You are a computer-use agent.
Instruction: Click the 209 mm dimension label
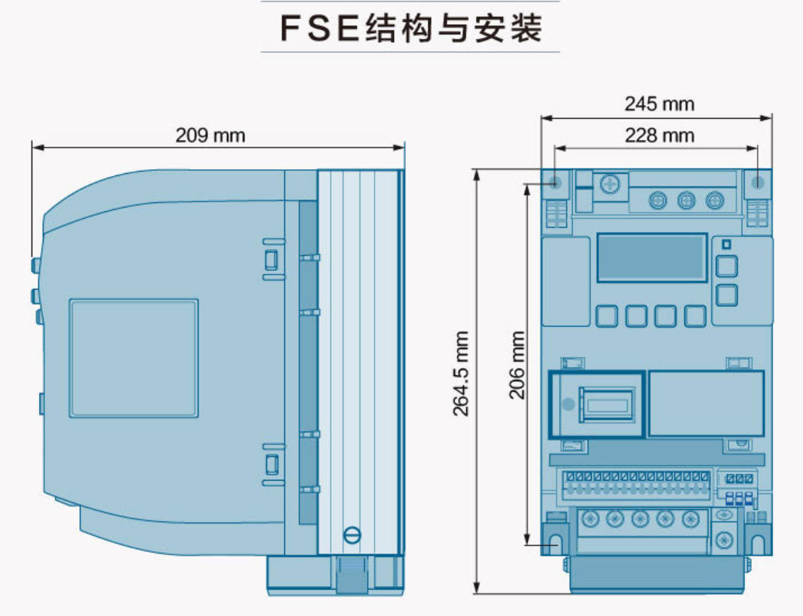pos(211,135)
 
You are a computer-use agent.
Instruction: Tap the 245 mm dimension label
pos(659,104)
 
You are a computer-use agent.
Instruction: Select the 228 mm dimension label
pos(659,135)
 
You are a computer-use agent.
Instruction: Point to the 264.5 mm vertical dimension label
pos(461,373)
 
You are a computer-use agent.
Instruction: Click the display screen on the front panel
pos(651,258)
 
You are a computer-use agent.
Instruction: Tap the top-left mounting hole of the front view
pos(556,182)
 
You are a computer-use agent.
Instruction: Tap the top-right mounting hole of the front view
pos(758,182)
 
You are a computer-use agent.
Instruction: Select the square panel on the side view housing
pos(134,358)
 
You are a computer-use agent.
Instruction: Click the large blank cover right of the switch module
pos(706,404)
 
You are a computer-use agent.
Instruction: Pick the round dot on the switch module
pos(568,405)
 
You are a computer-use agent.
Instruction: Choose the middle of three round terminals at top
pos(686,200)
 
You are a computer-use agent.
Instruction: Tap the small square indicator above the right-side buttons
pos(726,244)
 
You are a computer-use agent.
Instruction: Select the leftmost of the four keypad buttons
pos(606,316)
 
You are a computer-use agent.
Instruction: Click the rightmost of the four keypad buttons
pos(695,316)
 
